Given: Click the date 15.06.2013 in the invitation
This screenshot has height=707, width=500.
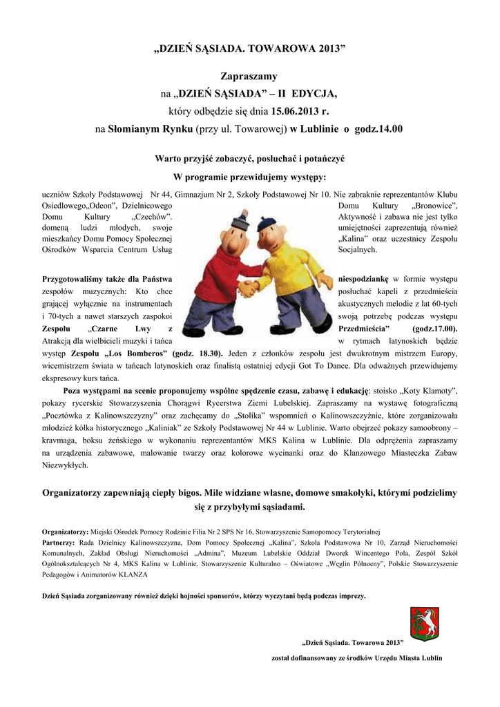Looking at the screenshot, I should coord(301,110).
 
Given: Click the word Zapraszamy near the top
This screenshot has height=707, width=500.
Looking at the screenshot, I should coord(249,75).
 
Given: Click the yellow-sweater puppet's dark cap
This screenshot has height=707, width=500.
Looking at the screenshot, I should coord(267,224).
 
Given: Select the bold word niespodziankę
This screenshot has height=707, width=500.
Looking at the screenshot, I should coord(365,279).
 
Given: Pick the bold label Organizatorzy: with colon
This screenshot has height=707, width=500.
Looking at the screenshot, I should coord(65,532).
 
